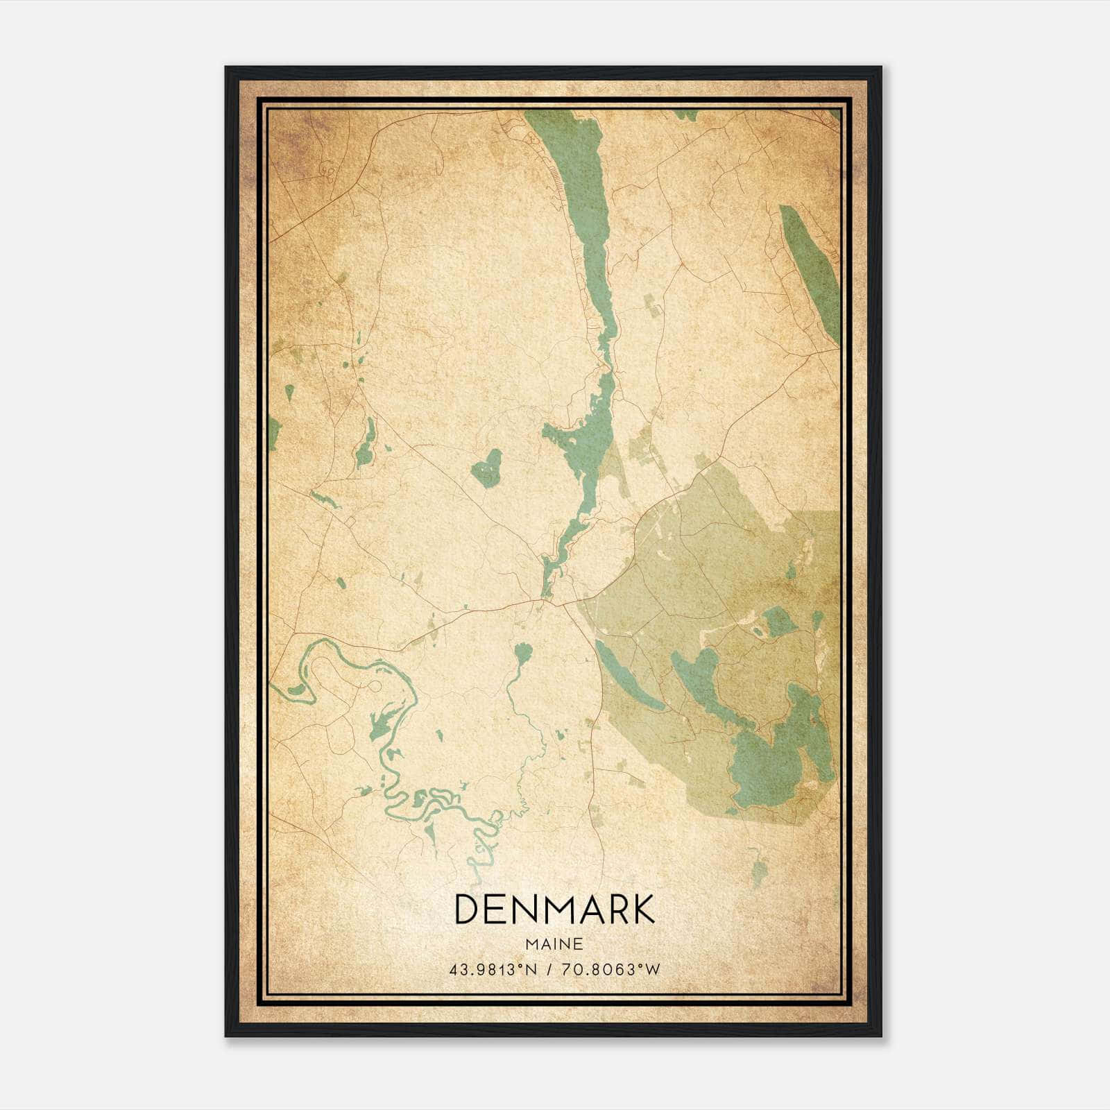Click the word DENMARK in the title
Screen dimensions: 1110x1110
tap(554, 910)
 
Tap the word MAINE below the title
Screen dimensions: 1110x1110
tap(554, 944)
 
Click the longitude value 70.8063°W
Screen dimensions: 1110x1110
tap(610, 970)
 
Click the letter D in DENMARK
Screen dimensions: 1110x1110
tap(466, 910)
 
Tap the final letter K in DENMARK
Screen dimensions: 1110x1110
tap(642, 910)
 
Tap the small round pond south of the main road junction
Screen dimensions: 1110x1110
tap(522, 652)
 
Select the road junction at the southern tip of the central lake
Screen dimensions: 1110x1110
tap(548, 601)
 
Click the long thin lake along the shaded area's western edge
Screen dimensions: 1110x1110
tap(628, 676)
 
